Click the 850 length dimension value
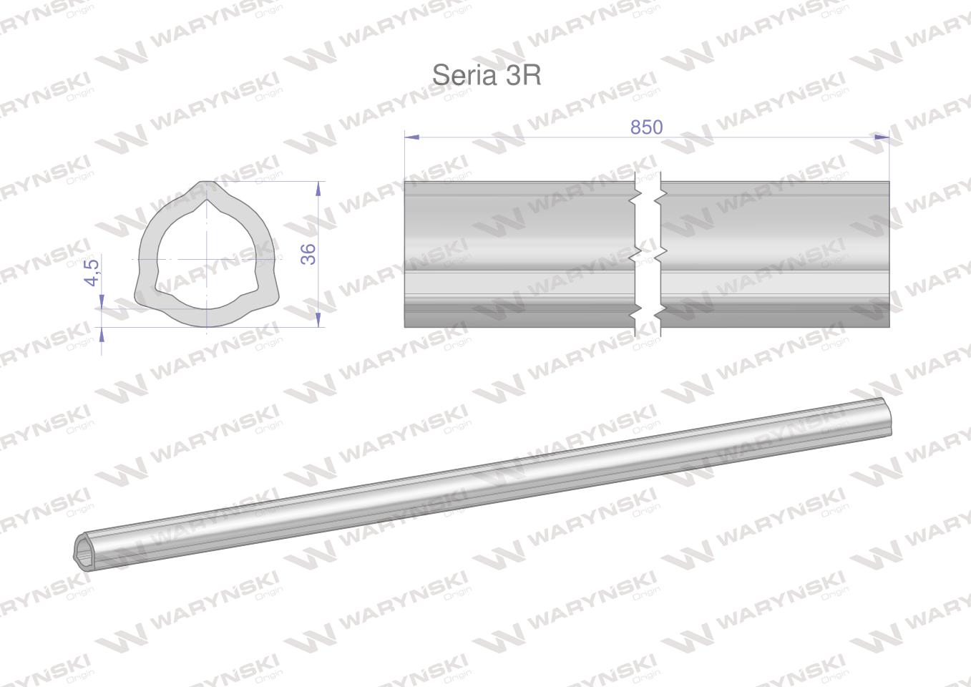pos(646,127)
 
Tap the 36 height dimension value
pos(308,254)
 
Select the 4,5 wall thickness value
pos(92,273)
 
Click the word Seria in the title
pos(464,75)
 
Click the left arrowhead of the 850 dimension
pos(412,137)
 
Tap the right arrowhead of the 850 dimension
pos(882,137)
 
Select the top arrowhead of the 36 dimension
pos(318,188)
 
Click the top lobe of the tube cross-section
pos(208,190)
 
